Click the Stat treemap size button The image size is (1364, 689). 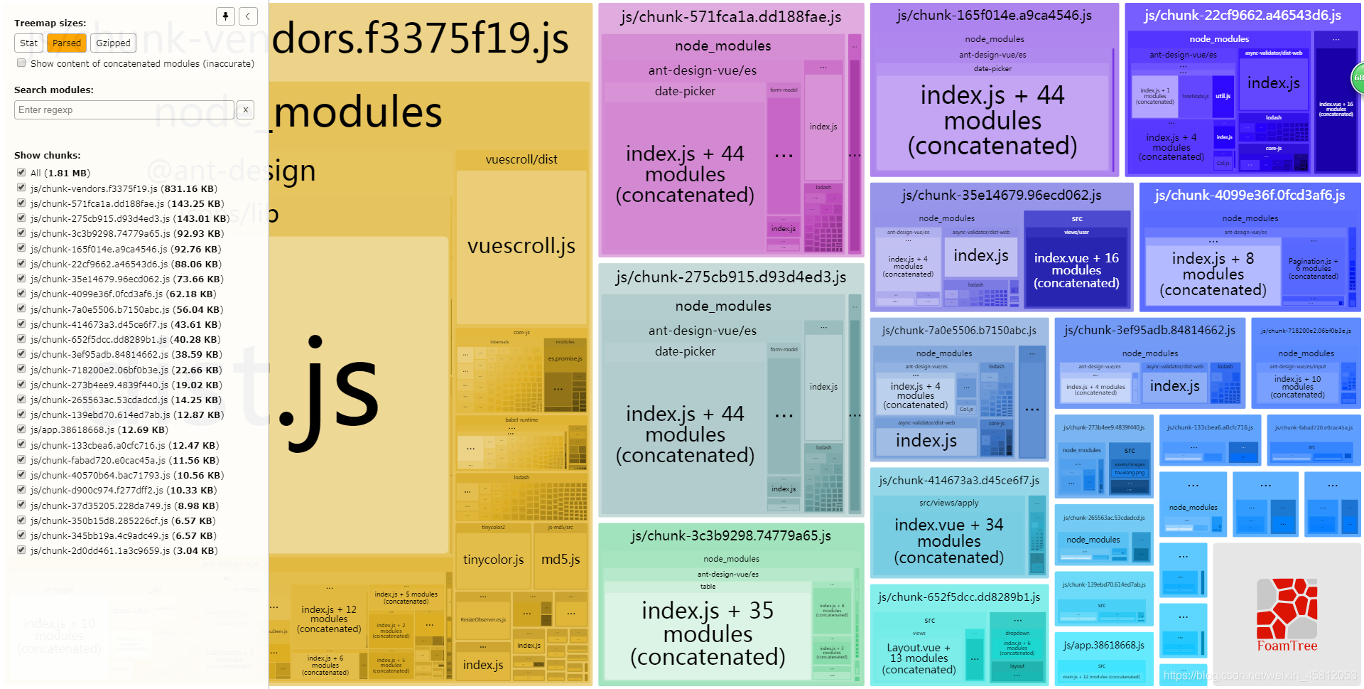(28, 43)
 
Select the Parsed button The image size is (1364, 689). (67, 43)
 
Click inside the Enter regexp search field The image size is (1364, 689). (124, 110)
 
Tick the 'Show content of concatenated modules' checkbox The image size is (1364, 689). (22, 63)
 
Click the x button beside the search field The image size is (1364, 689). (245, 110)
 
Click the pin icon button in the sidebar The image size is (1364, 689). (225, 16)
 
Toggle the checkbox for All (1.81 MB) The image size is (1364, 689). (21, 173)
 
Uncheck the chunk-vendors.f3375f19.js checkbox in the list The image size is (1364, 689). (21, 188)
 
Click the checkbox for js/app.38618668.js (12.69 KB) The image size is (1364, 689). (21, 429)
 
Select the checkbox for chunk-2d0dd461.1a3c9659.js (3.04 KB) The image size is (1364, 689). (21, 550)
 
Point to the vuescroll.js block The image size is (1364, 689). (521, 246)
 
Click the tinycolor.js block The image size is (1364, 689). (493, 560)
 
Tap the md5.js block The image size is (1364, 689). (561, 560)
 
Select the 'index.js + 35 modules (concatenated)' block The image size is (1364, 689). (708, 633)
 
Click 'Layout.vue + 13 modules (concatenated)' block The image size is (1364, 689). (919, 658)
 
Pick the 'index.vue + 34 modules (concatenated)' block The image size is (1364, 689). (948, 540)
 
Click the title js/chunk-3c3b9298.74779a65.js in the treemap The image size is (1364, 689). (730, 536)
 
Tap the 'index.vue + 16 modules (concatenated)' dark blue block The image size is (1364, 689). (1076, 270)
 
